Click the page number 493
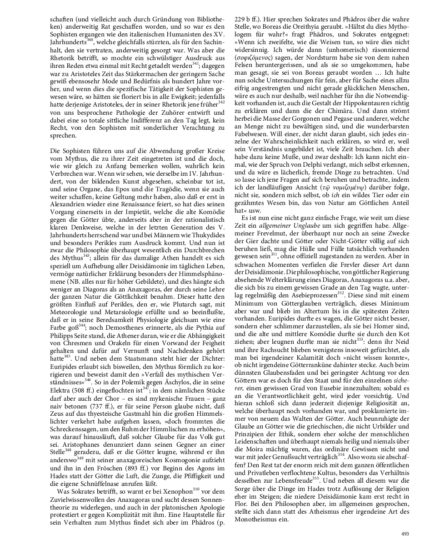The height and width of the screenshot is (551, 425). (x=405, y=534)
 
